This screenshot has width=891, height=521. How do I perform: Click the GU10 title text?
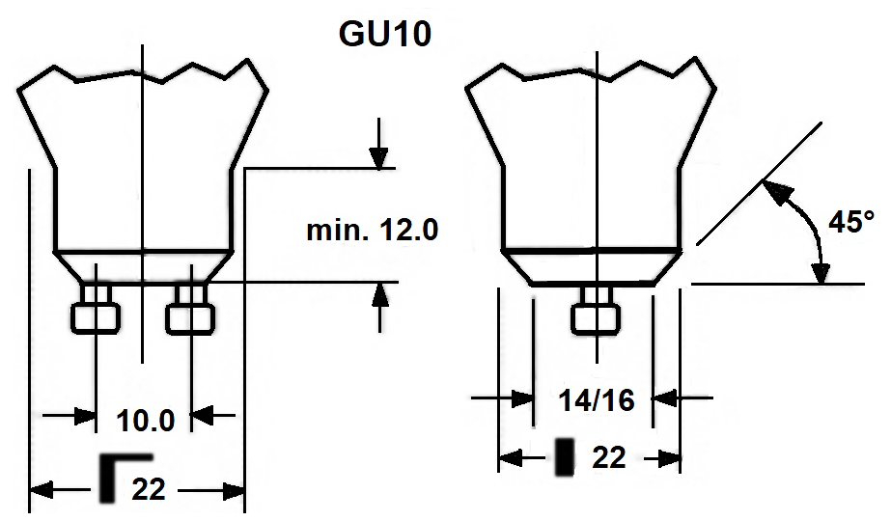(384, 32)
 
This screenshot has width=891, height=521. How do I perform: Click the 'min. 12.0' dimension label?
(372, 231)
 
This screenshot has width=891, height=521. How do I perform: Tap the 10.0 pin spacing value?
(145, 422)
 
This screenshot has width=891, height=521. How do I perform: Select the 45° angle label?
(850, 222)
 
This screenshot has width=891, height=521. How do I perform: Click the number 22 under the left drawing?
(147, 489)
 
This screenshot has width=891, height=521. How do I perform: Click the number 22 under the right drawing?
(608, 458)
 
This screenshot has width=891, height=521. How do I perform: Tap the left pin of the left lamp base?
(97, 314)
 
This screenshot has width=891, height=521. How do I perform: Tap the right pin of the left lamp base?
(191, 314)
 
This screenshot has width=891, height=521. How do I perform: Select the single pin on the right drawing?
(595, 315)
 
